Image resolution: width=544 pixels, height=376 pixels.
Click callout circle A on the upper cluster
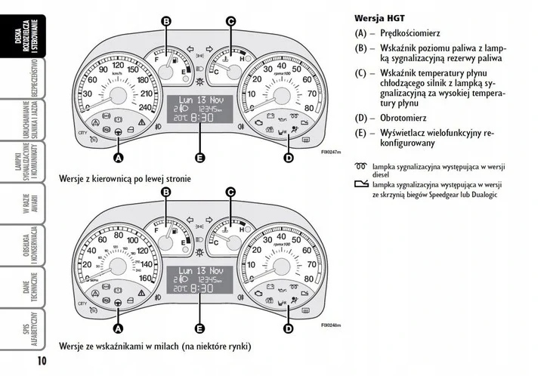[x=118, y=159]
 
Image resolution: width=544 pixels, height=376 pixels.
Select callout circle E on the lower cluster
[x=199, y=328]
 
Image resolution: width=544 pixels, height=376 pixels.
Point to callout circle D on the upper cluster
[x=288, y=158]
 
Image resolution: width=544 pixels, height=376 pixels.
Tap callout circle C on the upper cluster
[x=230, y=21]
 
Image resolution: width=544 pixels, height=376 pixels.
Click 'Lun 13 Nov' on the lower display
[x=199, y=270]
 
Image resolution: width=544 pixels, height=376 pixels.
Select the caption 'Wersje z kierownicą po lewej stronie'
[x=125, y=178]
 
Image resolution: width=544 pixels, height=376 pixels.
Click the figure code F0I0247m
[x=329, y=151]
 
